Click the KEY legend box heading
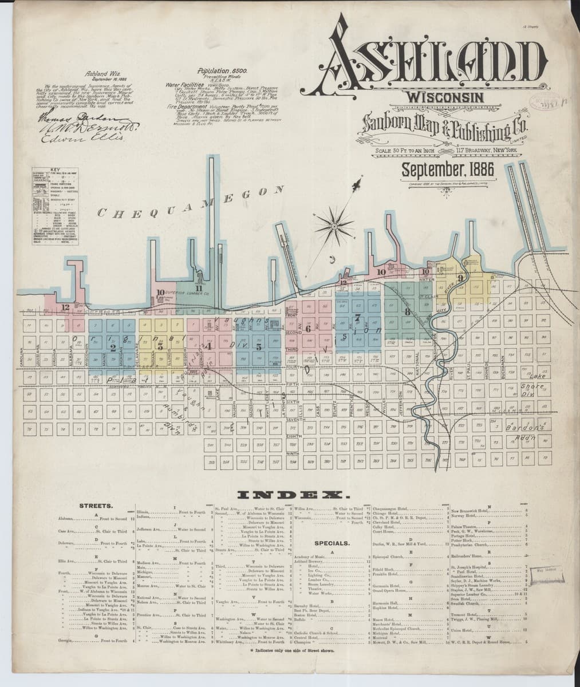coord(54,170)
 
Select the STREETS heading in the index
coord(96,507)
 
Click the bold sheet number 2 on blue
coord(113,348)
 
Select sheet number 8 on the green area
coord(407,313)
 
